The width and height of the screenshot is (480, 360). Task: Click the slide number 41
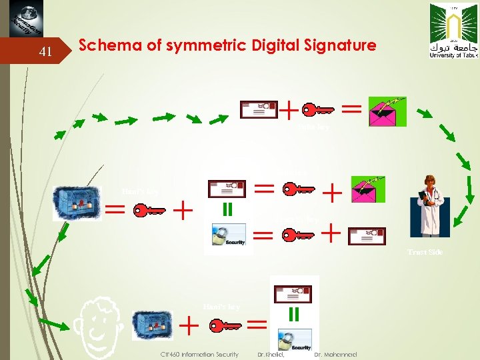45,51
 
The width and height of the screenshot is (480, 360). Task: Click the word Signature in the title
341,46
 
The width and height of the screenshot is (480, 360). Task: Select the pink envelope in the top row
387,111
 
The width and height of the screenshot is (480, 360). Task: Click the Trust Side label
426,252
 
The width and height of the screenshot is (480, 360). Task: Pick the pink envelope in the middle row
368,189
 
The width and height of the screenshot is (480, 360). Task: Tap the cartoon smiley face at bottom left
100,327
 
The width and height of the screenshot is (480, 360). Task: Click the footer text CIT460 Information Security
200,354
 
